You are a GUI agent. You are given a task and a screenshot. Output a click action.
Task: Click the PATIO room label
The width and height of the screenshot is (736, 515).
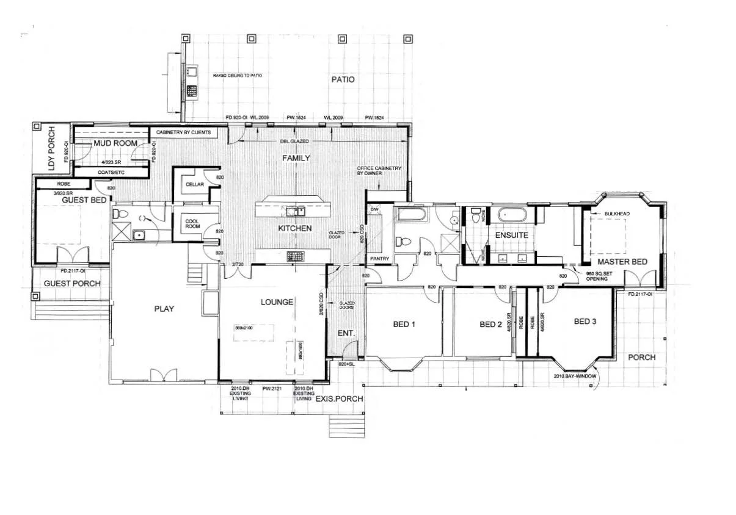[343, 79]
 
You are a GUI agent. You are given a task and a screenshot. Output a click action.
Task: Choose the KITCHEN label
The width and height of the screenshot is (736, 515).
[295, 228]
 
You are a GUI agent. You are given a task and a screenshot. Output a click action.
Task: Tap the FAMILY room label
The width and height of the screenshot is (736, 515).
[296, 158]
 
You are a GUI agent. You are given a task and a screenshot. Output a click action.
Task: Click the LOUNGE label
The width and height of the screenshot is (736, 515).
[277, 302]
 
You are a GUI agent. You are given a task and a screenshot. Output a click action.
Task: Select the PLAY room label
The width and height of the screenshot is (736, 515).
[164, 309]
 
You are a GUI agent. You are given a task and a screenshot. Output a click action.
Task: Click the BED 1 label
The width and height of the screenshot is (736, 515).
[404, 324]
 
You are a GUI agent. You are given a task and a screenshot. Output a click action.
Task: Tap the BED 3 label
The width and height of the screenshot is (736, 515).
[585, 321]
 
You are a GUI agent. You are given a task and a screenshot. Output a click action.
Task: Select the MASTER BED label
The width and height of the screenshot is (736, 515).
[622, 262]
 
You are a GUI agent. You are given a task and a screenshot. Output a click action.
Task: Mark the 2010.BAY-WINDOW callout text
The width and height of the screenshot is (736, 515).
[574, 376]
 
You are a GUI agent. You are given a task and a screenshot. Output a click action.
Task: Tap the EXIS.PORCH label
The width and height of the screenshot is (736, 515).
[339, 398]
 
